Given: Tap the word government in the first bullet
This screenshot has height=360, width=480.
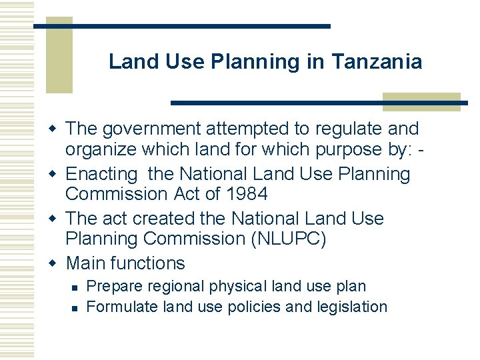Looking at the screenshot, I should click(148, 128).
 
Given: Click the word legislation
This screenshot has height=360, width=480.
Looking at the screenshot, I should click(352, 307).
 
